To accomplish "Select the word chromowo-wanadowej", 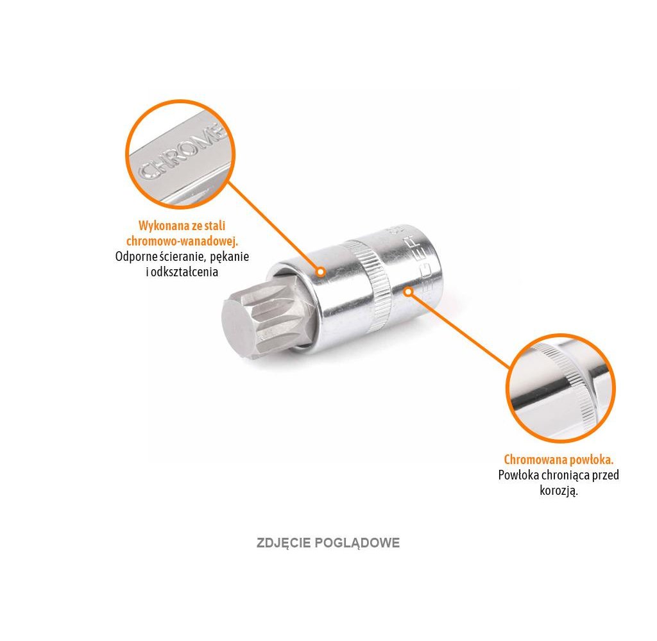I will tap(182, 241).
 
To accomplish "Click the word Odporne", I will tap(137, 256).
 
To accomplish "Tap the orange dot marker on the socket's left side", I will tap(321, 272).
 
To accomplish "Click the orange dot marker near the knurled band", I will tap(407, 292).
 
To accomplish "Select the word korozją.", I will tap(559, 492).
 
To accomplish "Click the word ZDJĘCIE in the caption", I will tap(283, 543).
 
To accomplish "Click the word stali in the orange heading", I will tap(214, 226).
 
